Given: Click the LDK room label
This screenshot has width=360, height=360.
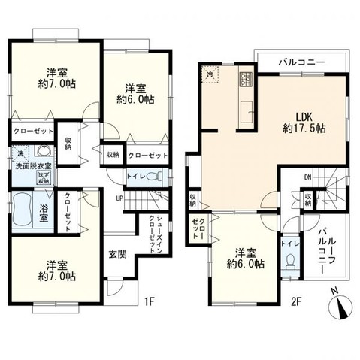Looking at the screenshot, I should [303, 116].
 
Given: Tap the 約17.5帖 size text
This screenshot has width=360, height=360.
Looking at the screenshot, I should [303, 129].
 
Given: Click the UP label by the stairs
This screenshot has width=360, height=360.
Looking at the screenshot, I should [119, 198].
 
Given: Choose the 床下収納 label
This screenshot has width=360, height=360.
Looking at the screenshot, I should [43, 177].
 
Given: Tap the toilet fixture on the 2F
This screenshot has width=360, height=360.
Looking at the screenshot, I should [291, 261].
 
